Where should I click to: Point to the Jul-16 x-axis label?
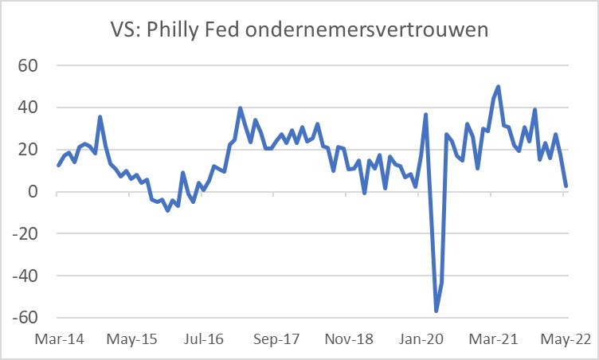204,338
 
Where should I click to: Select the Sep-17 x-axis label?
276,338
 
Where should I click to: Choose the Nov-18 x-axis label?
349,338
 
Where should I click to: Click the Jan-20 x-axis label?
421,338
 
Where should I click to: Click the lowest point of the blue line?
437,311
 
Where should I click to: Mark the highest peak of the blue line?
499,87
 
